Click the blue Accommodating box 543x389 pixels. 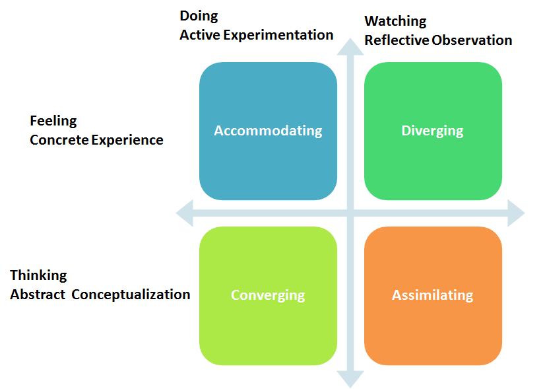pyautogui.click(x=268, y=131)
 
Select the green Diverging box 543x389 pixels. pyautogui.click(x=433, y=131)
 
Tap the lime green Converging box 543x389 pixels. pyautogui.click(x=268, y=295)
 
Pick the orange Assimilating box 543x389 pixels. pyautogui.click(x=433, y=295)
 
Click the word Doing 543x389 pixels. pyautogui.click(x=199, y=16)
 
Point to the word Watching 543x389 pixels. pyautogui.click(x=395, y=21)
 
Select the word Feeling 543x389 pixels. pyautogui.click(x=53, y=122)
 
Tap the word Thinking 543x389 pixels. pyautogui.click(x=38, y=275)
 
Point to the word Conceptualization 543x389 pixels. pyautogui.click(x=131, y=295)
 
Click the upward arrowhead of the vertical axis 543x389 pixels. pyautogui.click(x=350, y=47)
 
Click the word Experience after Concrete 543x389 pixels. pyautogui.click(x=127, y=140)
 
